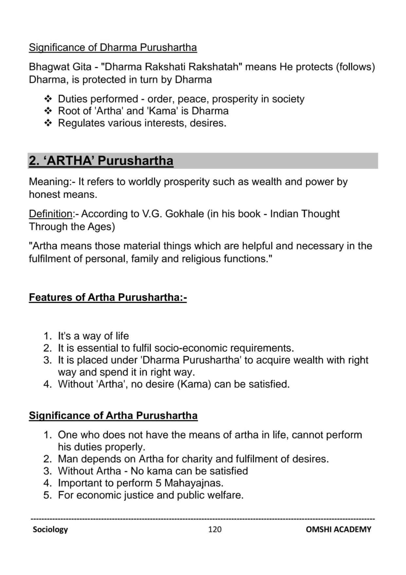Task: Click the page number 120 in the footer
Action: point(215,529)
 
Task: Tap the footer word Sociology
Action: point(50,529)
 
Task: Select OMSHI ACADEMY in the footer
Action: point(338,529)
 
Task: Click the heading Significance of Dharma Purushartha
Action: point(113,48)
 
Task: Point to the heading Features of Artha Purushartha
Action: point(107,297)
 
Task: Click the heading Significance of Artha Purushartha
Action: point(113,415)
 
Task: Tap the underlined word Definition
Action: point(50,214)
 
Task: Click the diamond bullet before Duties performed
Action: point(48,99)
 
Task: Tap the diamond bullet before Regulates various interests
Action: point(48,123)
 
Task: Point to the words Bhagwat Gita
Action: point(60,67)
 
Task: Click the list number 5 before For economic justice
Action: point(47,495)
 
